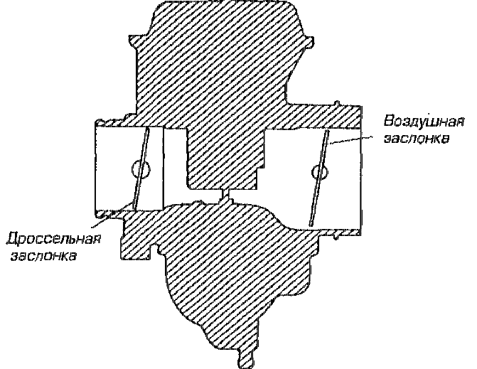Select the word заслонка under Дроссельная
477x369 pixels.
(x=43, y=255)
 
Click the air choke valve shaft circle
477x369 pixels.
(x=318, y=171)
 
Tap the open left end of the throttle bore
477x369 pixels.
(x=97, y=171)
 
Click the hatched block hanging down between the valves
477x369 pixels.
(x=224, y=153)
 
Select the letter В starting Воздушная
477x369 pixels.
(x=387, y=118)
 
